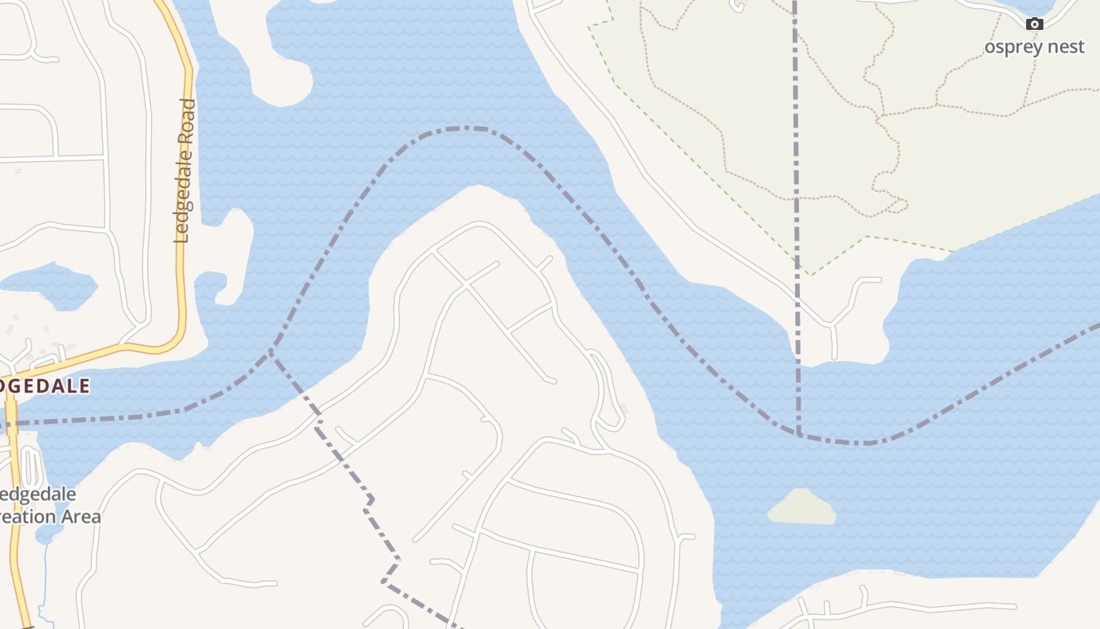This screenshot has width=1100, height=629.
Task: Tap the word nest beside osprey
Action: pyautogui.click(x=1063, y=47)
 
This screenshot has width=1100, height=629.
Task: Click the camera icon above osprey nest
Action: pyautogui.click(x=1035, y=24)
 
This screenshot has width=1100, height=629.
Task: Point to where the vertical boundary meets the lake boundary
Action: pyautogui.click(x=799, y=433)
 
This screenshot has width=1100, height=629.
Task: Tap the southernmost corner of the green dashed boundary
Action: pyautogui.click(x=809, y=274)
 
